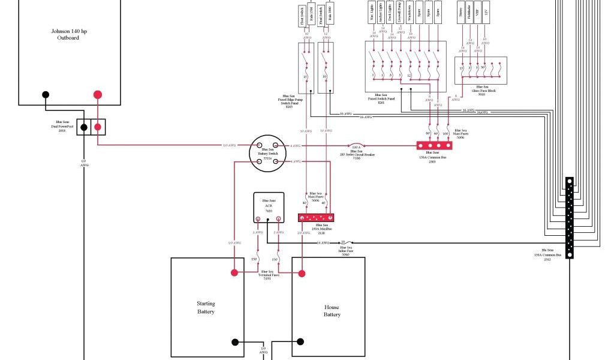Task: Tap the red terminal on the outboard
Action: coord(98,95)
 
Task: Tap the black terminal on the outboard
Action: coord(45,95)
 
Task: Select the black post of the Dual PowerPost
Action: coord(84,127)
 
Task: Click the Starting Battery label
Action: coord(206,307)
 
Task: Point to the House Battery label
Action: coord(332,310)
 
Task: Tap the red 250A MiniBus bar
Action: coord(315,217)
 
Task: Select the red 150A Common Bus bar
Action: coord(434,145)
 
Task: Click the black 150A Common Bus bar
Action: coord(569,217)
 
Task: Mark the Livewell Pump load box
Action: coord(400,13)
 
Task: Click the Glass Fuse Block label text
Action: coord(481,91)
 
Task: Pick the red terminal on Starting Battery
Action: coord(234,272)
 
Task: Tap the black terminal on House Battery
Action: coord(300,342)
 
